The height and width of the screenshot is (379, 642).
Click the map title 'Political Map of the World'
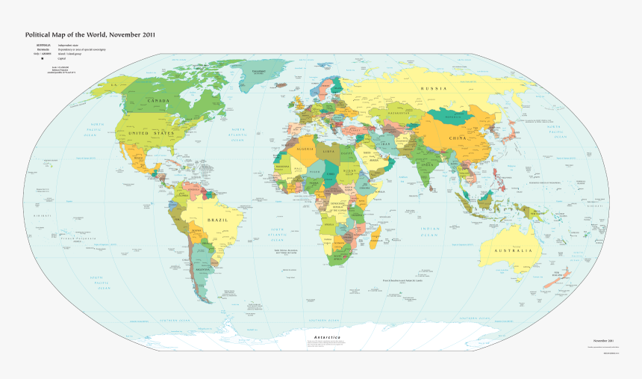click(90, 35)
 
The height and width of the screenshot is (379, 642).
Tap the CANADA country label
click(158, 100)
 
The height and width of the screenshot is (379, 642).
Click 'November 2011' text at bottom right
click(603, 341)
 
